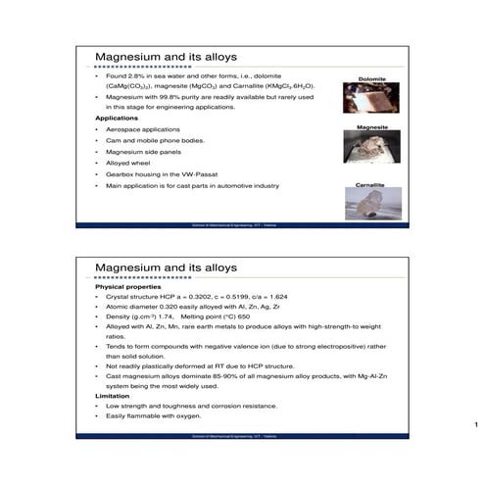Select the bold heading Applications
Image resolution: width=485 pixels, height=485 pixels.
pyautogui.click(x=116, y=119)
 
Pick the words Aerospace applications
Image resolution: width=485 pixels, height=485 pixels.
pyautogui.click(x=143, y=129)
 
